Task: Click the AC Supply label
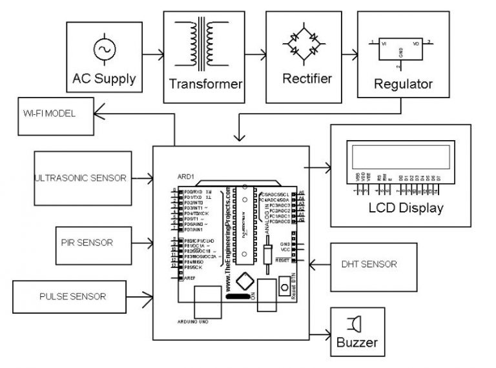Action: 104,79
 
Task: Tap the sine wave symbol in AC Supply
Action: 104,49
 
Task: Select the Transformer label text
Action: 205,84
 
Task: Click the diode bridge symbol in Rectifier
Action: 307,44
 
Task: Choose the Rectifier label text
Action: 307,79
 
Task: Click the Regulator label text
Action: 404,84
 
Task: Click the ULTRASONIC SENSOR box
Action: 80,178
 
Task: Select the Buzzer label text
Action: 356,343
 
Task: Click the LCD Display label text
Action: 406,208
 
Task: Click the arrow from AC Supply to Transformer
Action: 152,56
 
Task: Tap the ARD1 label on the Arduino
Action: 185,177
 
